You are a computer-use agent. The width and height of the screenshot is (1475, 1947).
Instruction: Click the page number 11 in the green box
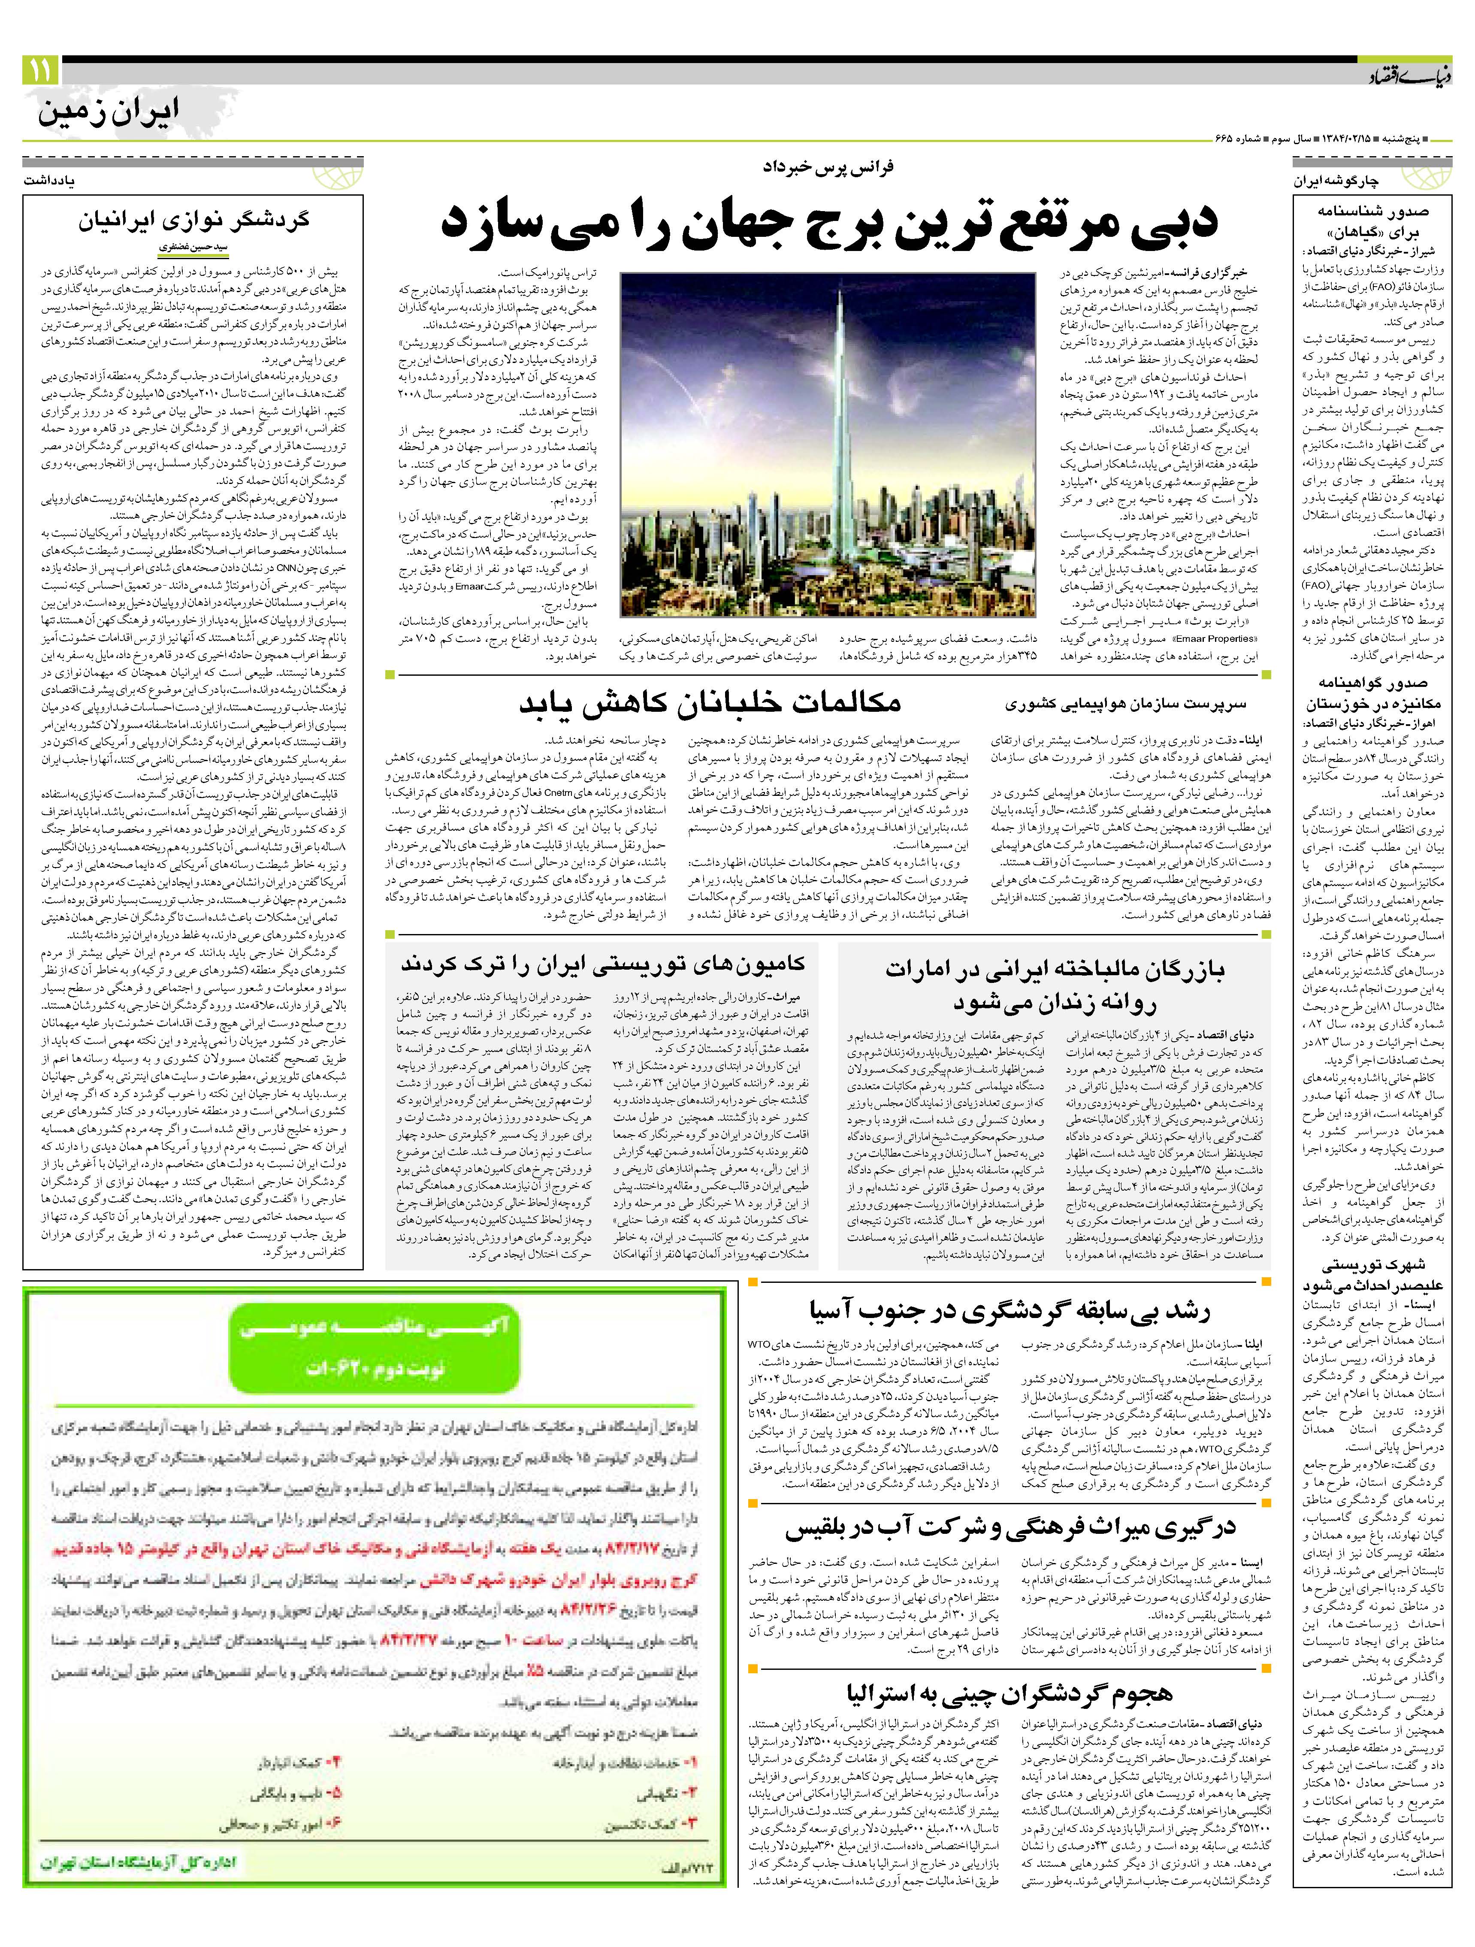pyautogui.click(x=40, y=70)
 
